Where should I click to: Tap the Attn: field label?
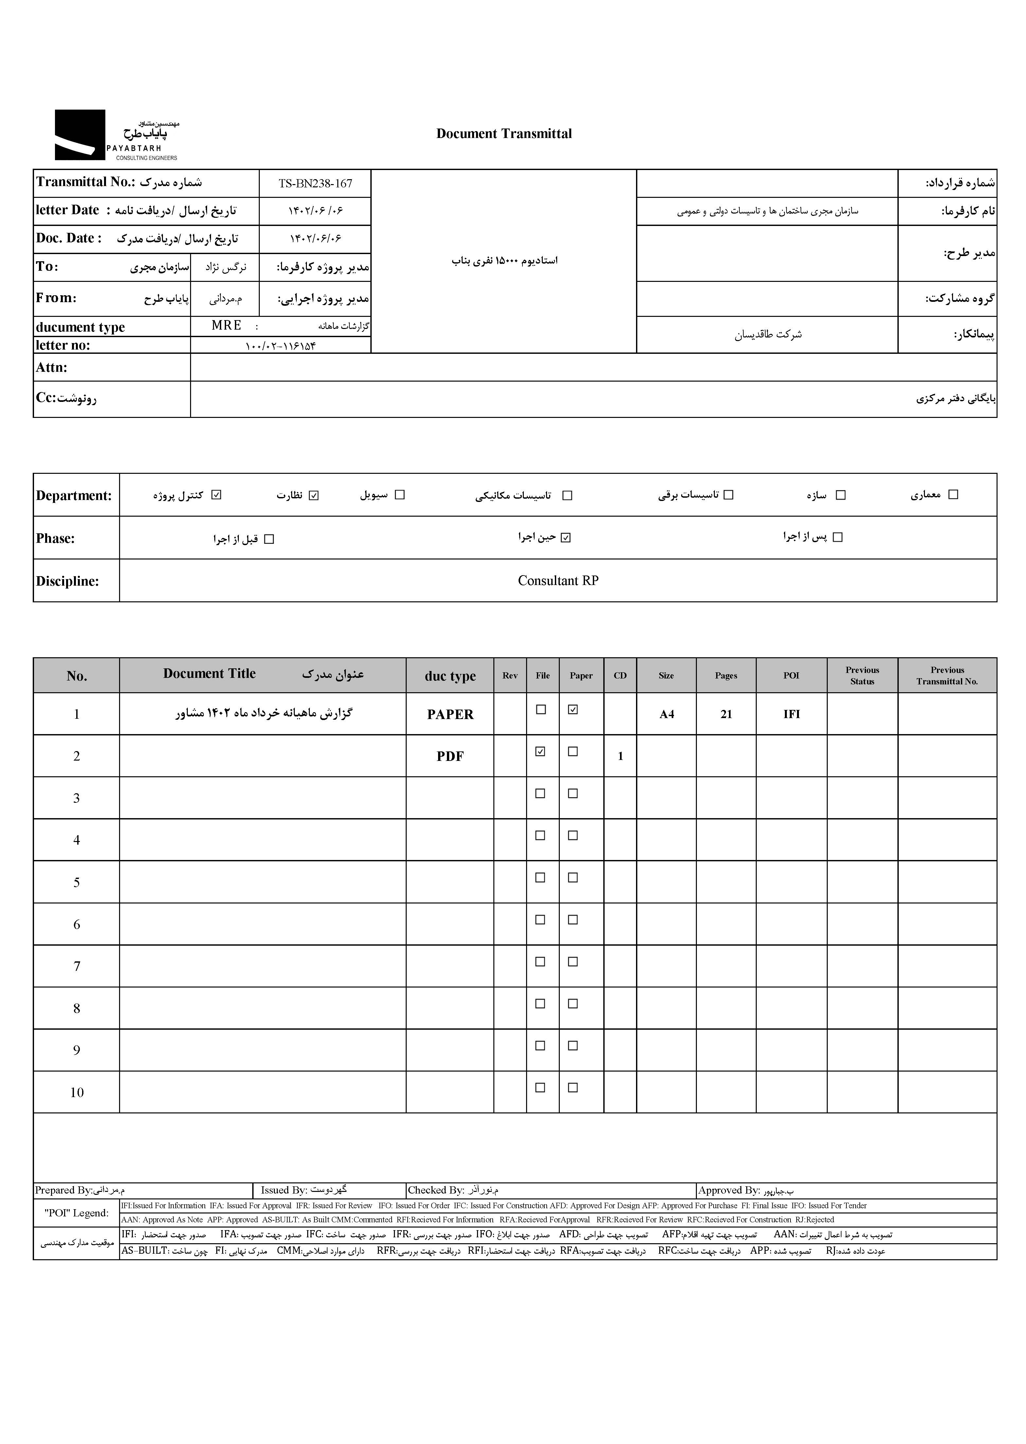[52, 368]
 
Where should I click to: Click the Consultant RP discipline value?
[558, 581]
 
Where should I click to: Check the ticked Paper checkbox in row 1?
[573, 710]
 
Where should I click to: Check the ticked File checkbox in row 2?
[540, 751]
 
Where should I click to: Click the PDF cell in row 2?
[450, 756]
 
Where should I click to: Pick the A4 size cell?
[666, 714]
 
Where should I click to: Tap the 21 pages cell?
[726, 714]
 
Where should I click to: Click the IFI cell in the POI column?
[792, 714]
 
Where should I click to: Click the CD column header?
[620, 676]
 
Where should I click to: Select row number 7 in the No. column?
[77, 966]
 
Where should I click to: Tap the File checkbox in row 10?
[540, 1087]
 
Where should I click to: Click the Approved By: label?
[728, 1190]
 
